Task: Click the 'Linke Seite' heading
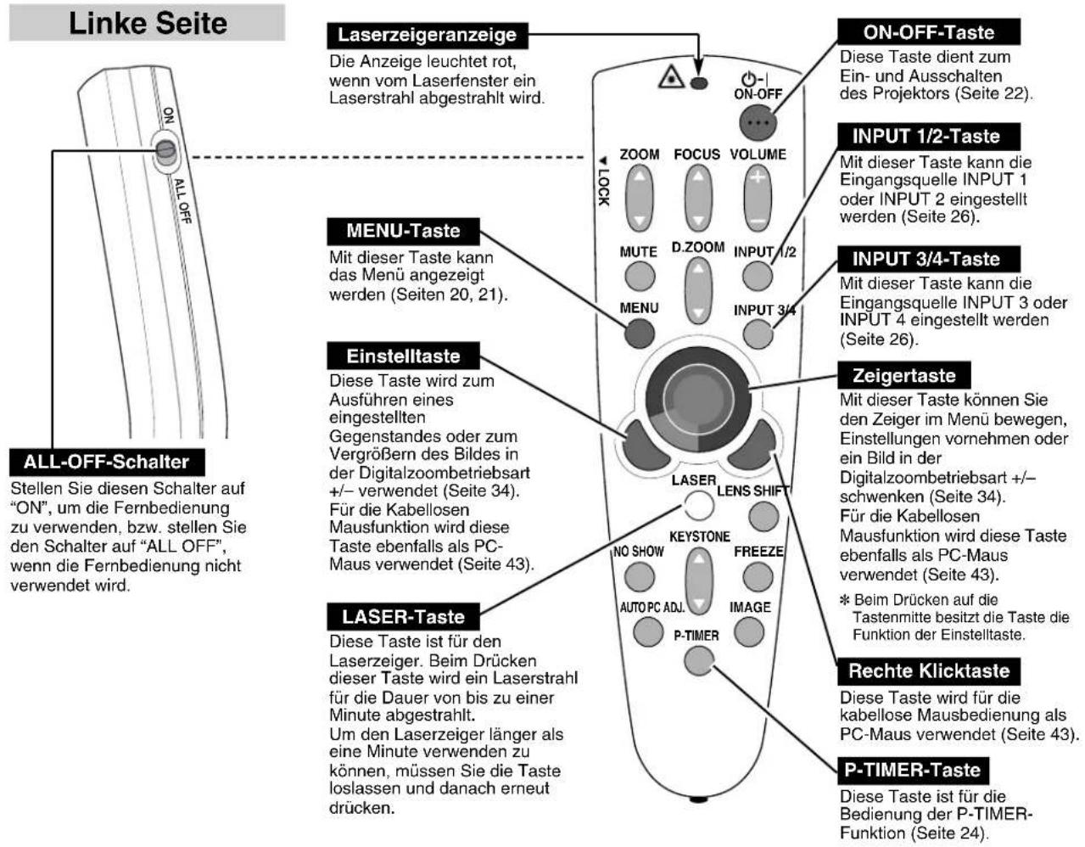point(148,23)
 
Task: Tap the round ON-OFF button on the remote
point(758,123)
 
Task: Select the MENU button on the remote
point(639,333)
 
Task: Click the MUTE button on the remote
point(640,276)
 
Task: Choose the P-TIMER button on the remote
point(699,660)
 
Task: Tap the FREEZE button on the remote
point(758,577)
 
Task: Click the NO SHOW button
point(639,577)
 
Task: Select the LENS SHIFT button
point(763,516)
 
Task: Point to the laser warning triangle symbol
point(670,78)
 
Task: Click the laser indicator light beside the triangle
point(698,83)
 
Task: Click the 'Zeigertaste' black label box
point(903,375)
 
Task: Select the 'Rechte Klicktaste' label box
point(929,670)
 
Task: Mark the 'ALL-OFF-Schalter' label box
point(107,462)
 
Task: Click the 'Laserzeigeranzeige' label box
point(428,36)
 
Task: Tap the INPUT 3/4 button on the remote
point(758,334)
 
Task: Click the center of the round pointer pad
point(698,400)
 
